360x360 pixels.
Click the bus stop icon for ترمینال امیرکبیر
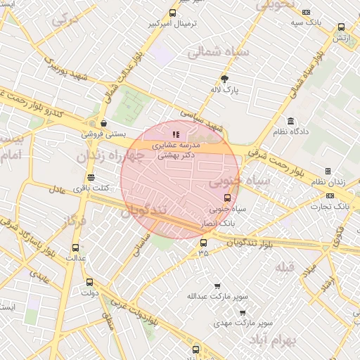[x=173, y=13]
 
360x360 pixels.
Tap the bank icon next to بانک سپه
[x=306, y=12]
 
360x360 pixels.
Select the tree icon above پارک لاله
[x=225, y=79]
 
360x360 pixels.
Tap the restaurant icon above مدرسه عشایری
[x=176, y=134]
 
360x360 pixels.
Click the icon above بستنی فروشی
[x=103, y=122]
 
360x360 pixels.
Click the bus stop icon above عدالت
[x=75, y=247]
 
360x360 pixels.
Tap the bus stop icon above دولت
[x=89, y=282]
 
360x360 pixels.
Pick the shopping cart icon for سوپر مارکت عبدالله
[x=217, y=286]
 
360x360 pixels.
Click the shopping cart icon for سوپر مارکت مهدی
[x=242, y=312]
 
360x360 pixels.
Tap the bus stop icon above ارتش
[x=341, y=27]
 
